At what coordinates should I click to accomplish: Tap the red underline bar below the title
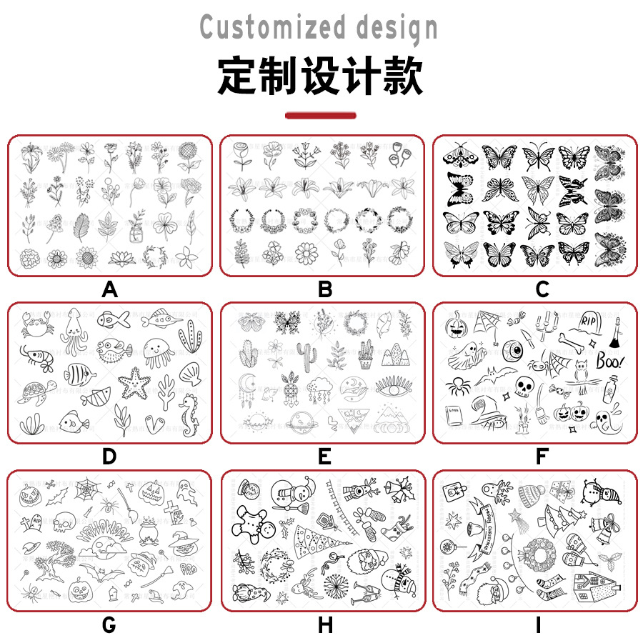(x=320, y=115)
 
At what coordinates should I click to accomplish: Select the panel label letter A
(x=109, y=289)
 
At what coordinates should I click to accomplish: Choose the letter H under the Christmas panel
(x=325, y=625)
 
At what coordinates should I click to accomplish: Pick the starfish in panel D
(x=133, y=384)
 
